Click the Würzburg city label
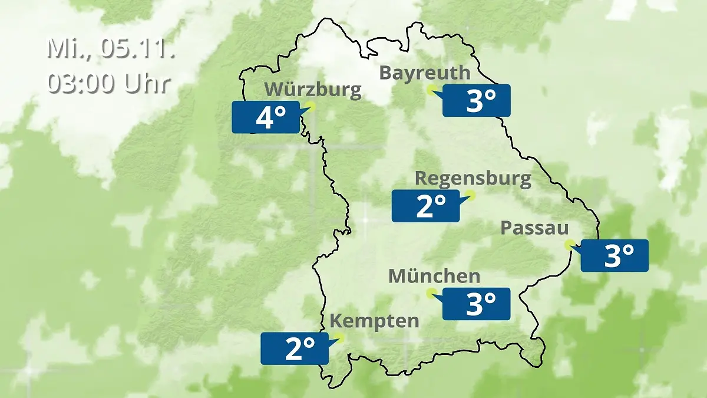pyautogui.click(x=312, y=90)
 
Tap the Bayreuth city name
pyautogui.click(x=425, y=73)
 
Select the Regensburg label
pyautogui.click(x=473, y=178)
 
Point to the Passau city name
pyautogui.click(x=534, y=228)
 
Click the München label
pyautogui.click(x=434, y=276)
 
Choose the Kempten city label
pyautogui.click(x=374, y=321)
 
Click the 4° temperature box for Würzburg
pyautogui.click(x=265, y=117)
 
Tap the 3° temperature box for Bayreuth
pyautogui.click(x=476, y=101)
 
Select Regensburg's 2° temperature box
pyautogui.click(x=425, y=206)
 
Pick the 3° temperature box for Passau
pyautogui.click(x=615, y=256)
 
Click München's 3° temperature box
pyautogui.click(x=476, y=304)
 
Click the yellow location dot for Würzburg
pyautogui.click(x=311, y=106)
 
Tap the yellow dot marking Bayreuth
pyautogui.click(x=431, y=90)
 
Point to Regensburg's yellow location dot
pyautogui.click(x=470, y=195)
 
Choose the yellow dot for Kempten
pyautogui.click(x=339, y=338)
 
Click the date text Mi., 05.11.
pyautogui.click(x=111, y=48)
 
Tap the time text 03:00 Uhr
pyautogui.click(x=109, y=84)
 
